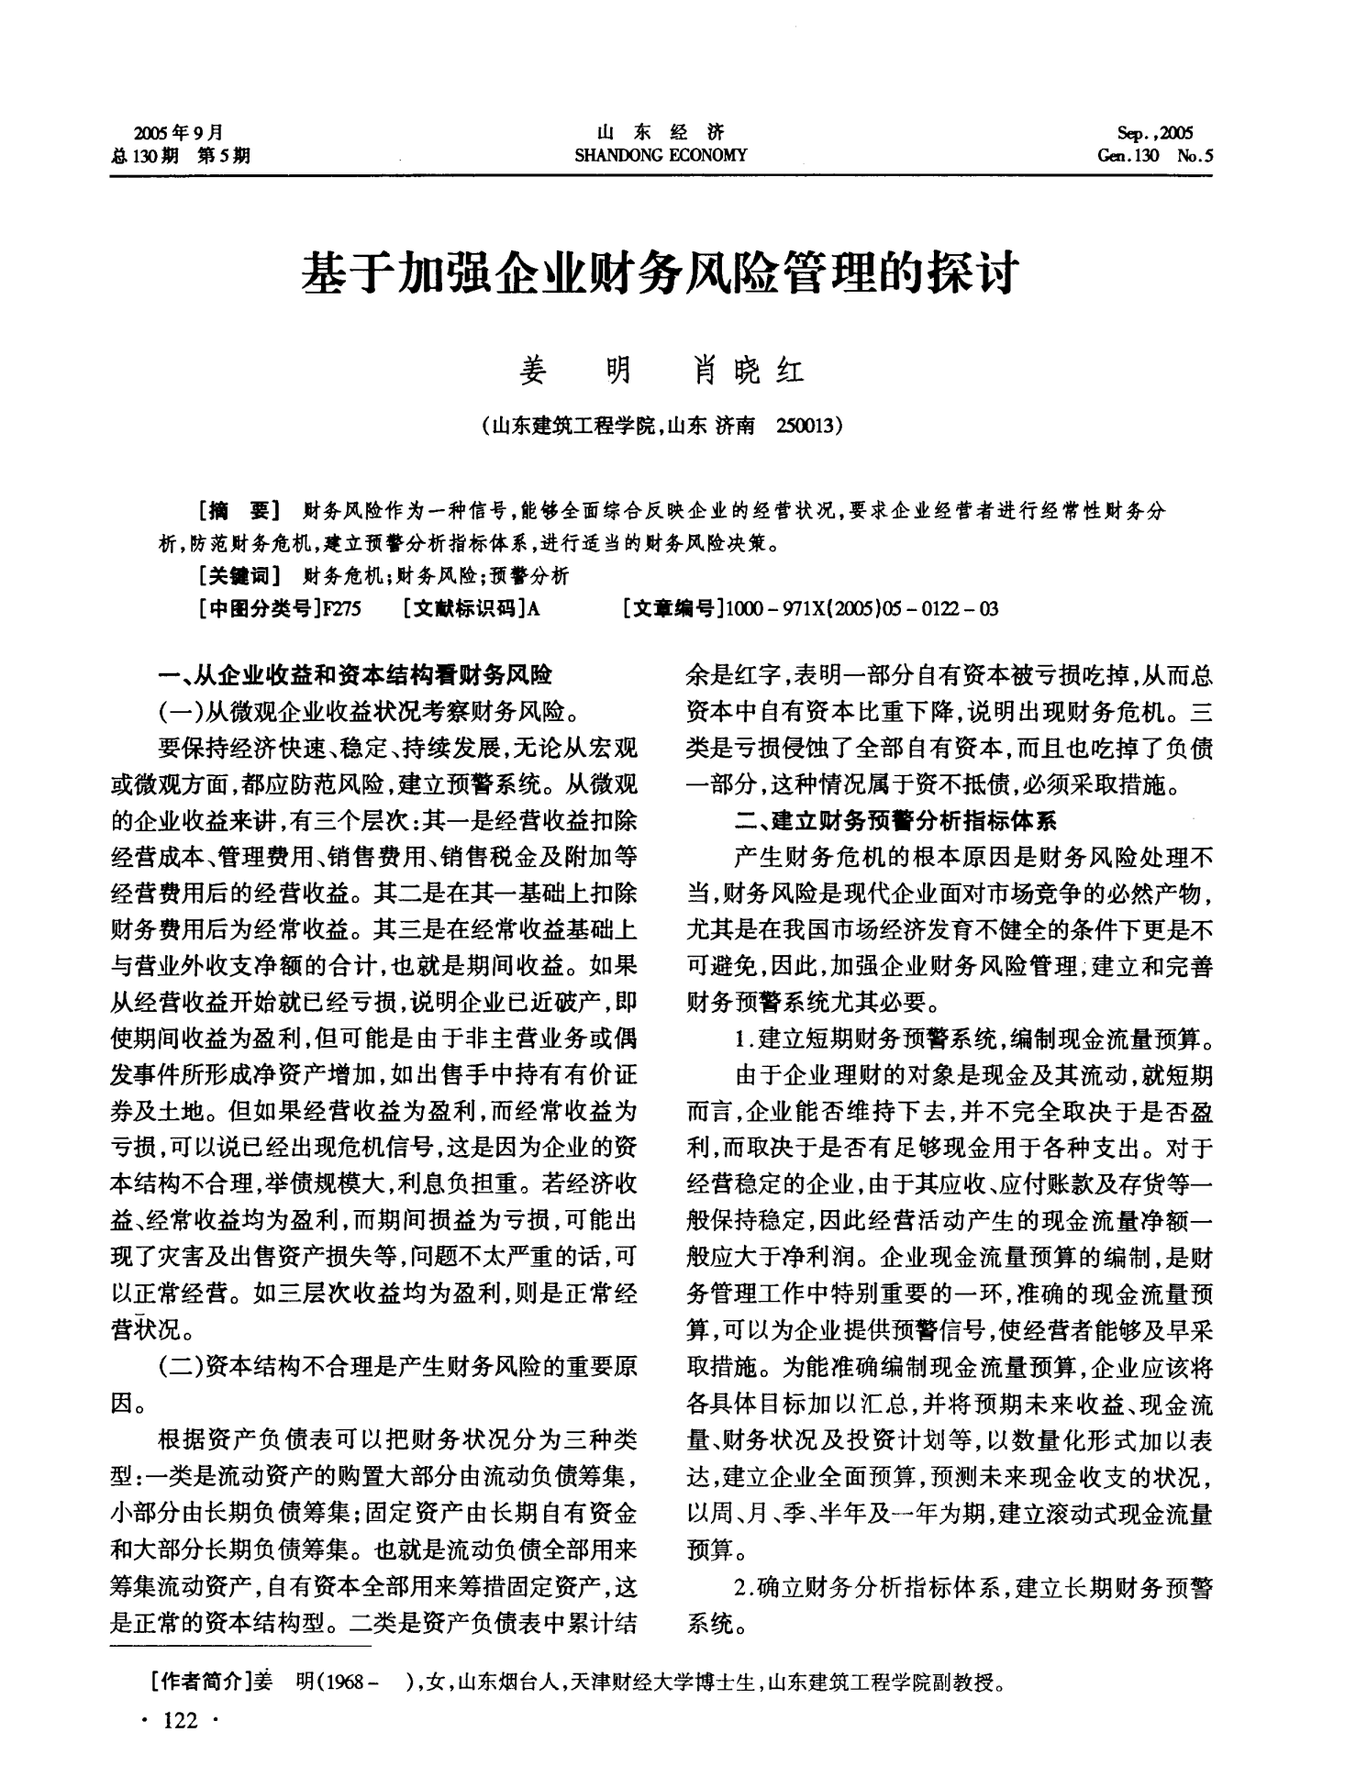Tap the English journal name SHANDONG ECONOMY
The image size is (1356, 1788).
[x=660, y=156]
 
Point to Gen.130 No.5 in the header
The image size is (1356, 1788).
[x=1154, y=156]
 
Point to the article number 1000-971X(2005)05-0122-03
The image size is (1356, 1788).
[x=861, y=608]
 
